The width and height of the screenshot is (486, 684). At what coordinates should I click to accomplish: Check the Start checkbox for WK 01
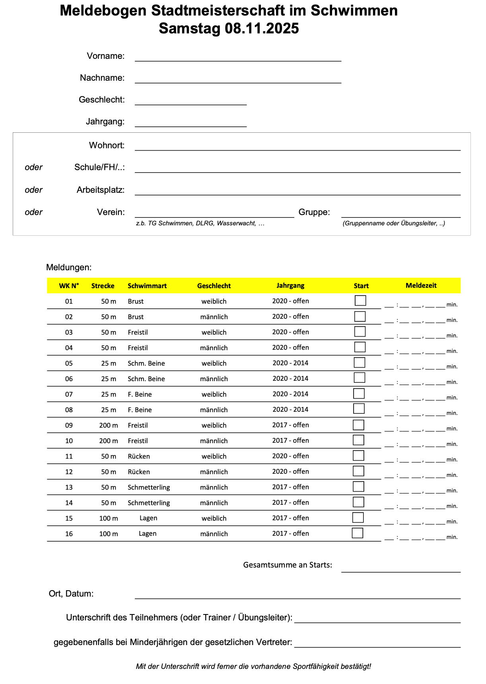(x=360, y=300)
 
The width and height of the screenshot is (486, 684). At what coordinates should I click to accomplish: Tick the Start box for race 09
(x=358, y=424)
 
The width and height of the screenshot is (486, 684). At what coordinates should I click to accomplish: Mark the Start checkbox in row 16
(x=358, y=533)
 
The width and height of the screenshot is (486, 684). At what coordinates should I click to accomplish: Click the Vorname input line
(x=238, y=58)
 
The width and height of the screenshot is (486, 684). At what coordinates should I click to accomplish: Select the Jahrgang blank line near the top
(x=191, y=123)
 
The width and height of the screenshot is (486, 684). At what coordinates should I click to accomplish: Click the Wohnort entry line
(x=297, y=147)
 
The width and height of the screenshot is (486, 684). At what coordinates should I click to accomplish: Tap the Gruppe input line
(x=401, y=214)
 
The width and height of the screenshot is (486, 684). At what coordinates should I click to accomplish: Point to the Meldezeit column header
(x=421, y=285)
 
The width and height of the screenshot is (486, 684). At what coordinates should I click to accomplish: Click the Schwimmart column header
(x=147, y=286)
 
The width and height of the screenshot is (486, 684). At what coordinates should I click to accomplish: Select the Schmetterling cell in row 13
(x=149, y=487)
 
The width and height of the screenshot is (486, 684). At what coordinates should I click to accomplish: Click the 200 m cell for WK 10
(x=109, y=441)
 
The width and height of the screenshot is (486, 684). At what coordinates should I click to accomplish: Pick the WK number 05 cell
(x=69, y=363)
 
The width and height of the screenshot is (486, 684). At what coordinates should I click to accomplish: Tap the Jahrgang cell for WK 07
(x=290, y=394)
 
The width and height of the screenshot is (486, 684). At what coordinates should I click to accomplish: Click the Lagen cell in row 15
(x=148, y=518)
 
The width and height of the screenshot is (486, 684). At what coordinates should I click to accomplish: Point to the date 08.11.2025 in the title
(x=262, y=29)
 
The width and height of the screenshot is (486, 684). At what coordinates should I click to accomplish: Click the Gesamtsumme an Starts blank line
(x=401, y=569)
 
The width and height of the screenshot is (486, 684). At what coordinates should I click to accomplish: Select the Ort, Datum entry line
(x=297, y=595)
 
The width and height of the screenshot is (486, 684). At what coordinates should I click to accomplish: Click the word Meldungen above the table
(x=69, y=267)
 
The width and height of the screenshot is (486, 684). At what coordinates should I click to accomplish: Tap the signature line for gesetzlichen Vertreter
(x=377, y=644)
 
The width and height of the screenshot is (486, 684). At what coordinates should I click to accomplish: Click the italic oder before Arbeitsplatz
(x=34, y=190)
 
